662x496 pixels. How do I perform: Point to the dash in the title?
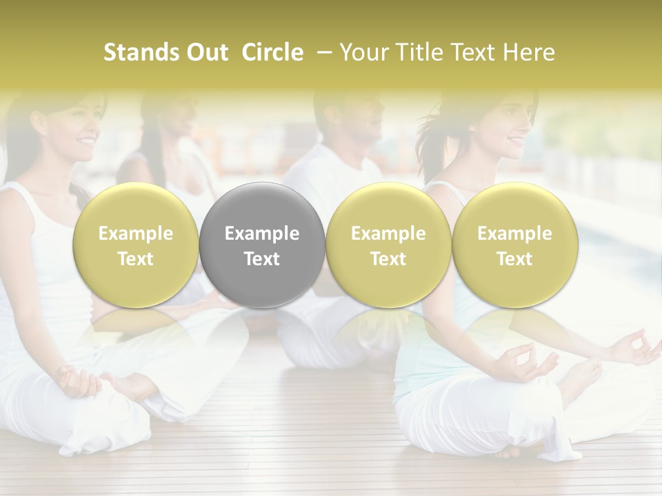coord(323,52)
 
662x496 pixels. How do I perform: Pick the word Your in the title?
coord(363,52)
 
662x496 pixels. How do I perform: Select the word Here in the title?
coord(530,52)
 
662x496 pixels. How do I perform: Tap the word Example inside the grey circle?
coord(262,234)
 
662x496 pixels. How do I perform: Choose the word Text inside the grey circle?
coord(262,259)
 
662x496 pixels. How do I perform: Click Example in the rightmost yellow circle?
coord(514,234)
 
